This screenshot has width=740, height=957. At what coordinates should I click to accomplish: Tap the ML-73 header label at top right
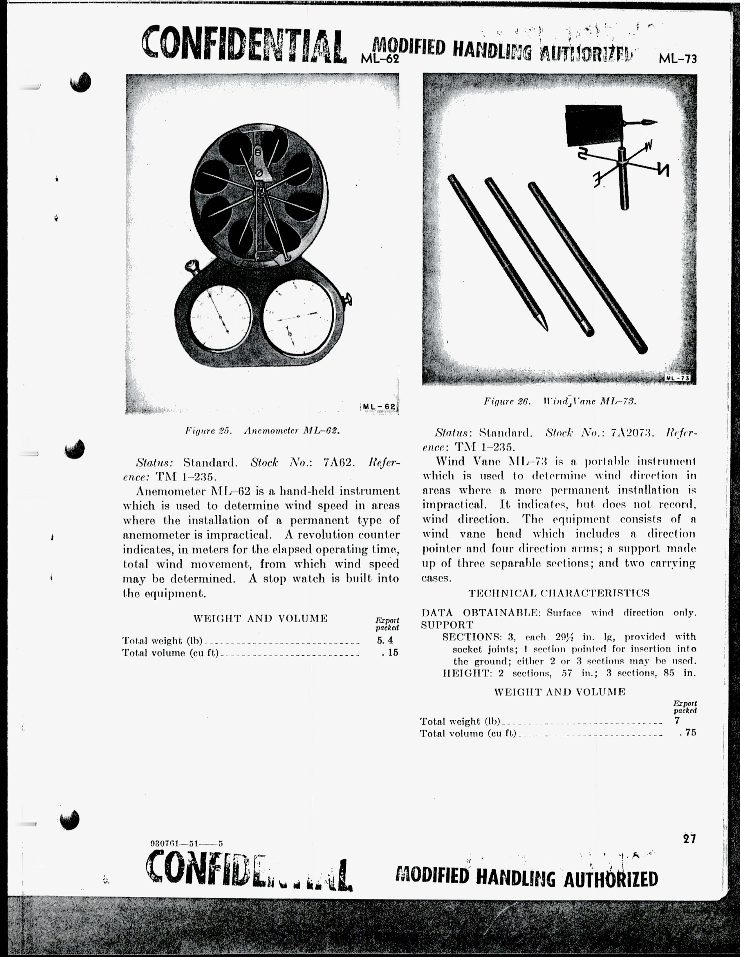[677, 58]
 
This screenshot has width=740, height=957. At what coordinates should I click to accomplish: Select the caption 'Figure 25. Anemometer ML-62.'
[262, 430]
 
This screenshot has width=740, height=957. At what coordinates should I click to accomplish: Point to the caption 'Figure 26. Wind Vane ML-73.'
[560, 401]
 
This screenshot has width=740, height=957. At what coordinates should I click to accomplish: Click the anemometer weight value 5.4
[385, 640]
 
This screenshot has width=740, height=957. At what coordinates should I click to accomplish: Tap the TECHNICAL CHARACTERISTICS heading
[559, 593]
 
